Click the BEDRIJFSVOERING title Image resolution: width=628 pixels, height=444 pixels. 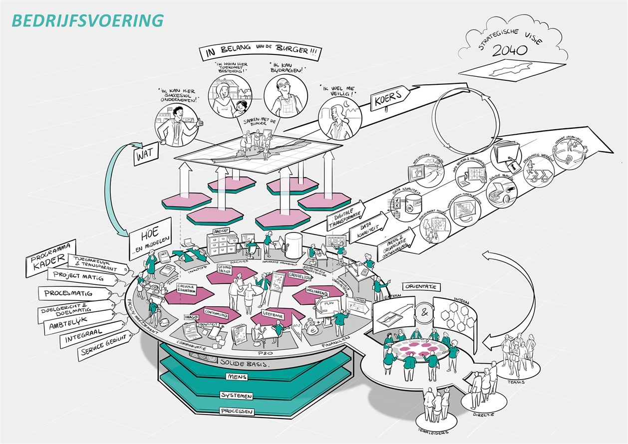point(87,20)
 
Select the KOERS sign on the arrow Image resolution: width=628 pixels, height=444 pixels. point(386,99)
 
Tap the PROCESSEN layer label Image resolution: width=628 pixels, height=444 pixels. point(237,412)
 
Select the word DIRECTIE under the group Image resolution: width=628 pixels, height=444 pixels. point(483,414)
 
